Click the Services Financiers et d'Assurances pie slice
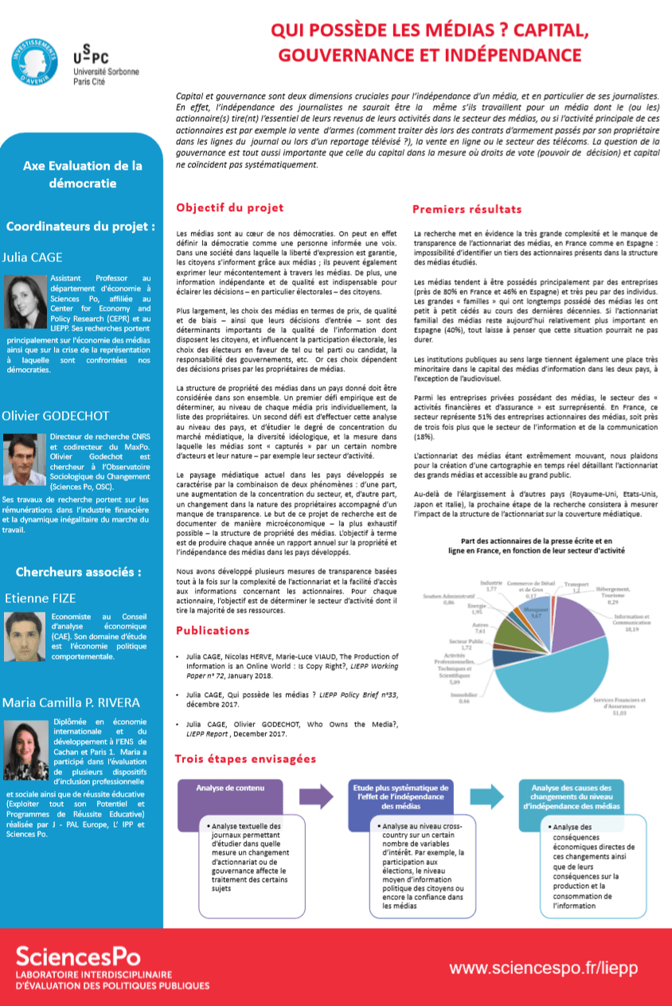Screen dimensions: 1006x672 [549, 669]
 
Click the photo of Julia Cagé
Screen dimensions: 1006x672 [25, 301]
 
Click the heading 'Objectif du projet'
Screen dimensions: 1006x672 [229, 208]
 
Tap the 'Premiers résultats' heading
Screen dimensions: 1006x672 [467, 209]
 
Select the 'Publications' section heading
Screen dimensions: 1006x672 [213, 630]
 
